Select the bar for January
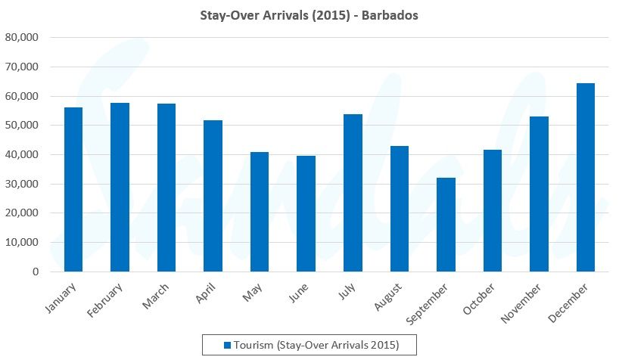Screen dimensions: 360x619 tap(73, 189)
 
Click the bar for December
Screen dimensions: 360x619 tap(586, 177)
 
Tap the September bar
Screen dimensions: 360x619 tap(446, 225)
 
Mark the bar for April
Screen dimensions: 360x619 tap(213, 196)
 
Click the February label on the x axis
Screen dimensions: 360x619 tap(111, 303)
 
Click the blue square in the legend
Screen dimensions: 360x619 tap(226, 345)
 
